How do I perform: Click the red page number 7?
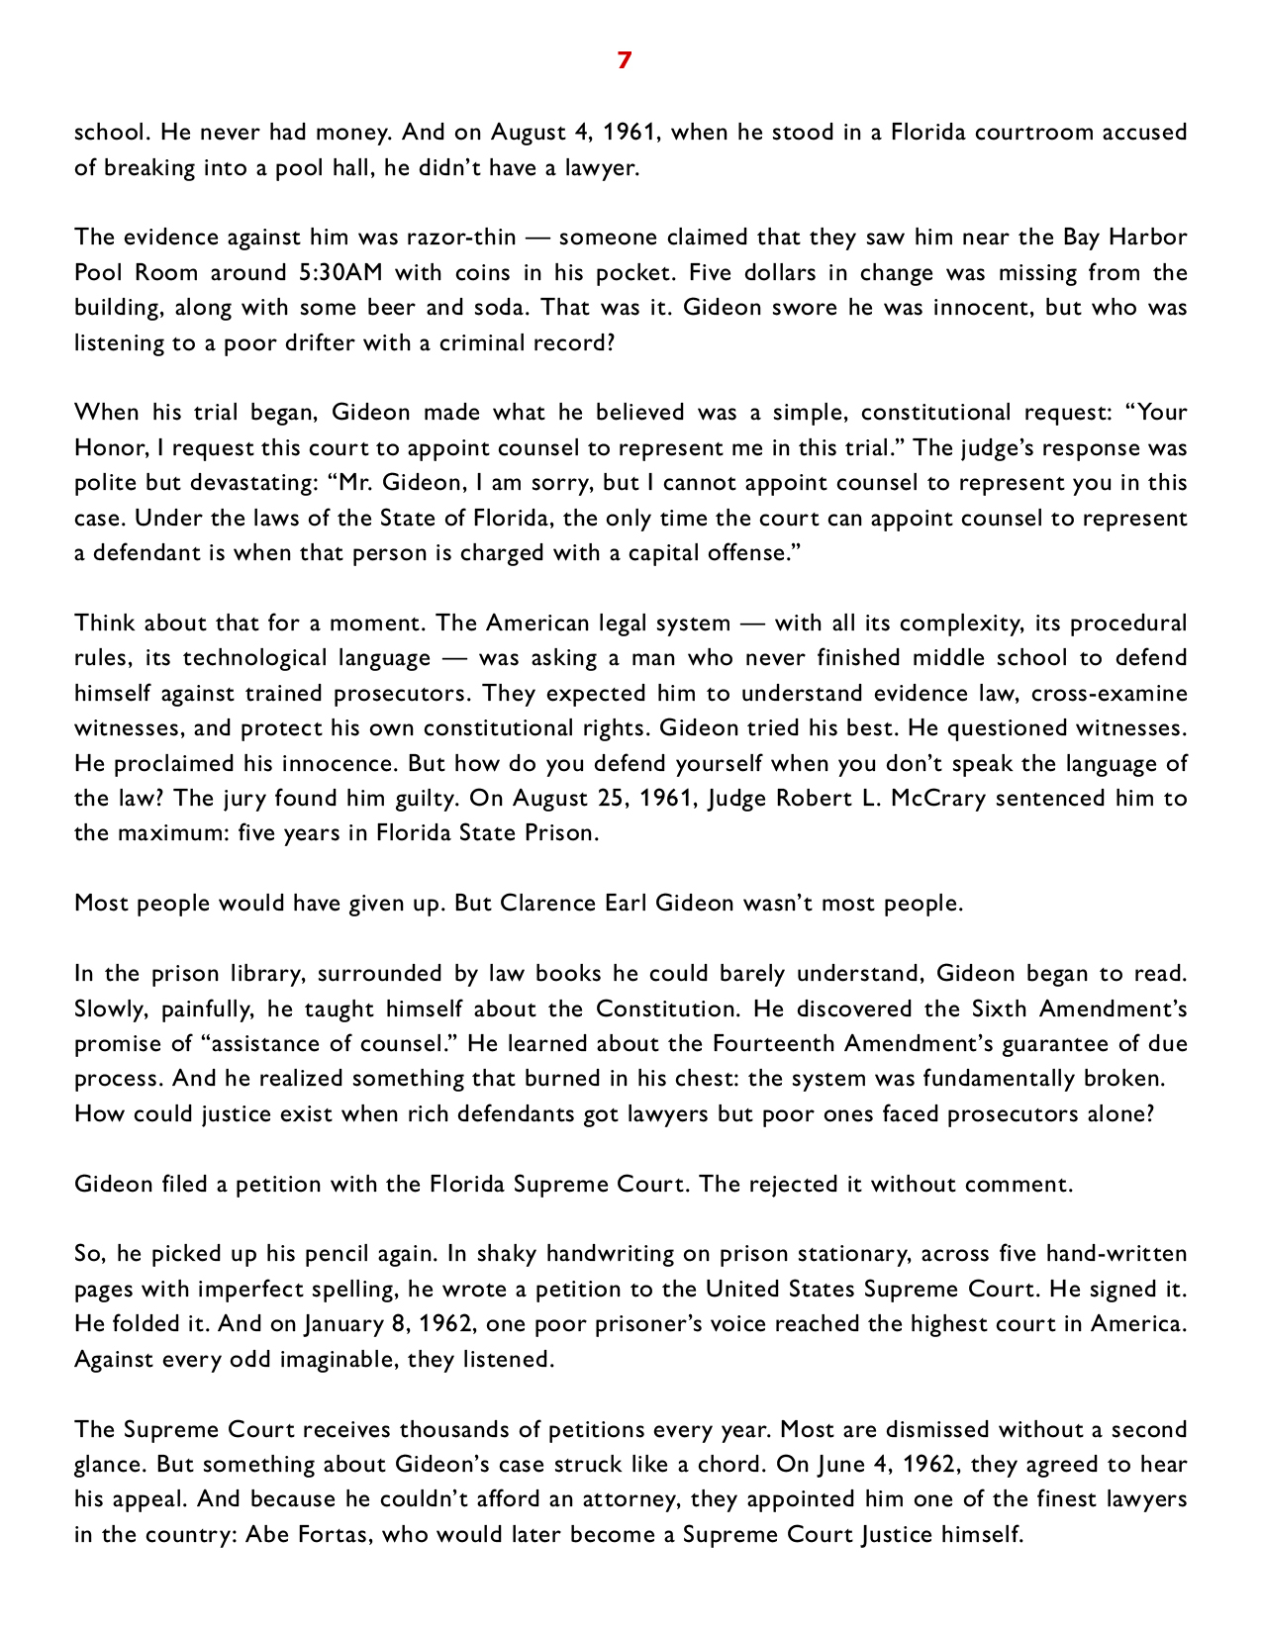click(624, 60)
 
